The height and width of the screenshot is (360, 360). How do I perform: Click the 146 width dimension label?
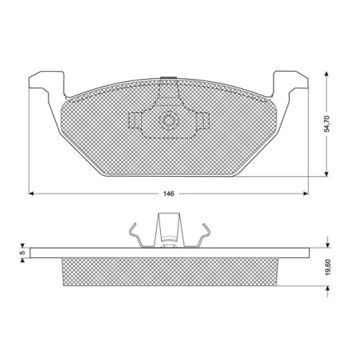tap(169, 194)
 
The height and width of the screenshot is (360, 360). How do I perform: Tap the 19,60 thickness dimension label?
tap(328, 267)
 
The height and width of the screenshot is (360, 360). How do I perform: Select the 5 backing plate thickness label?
tap(23, 252)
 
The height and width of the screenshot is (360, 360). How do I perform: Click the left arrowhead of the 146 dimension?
tap(31, 194)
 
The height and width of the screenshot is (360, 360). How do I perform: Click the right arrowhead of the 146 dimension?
tap(306, 194)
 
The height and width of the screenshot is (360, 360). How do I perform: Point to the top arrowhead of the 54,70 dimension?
tap(327, 74)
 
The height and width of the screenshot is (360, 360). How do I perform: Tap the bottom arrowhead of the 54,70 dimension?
tap(327, 174)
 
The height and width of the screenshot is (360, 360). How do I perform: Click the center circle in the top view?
tap(168, 121)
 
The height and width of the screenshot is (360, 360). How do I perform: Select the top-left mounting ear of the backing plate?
tap(47, 80)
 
